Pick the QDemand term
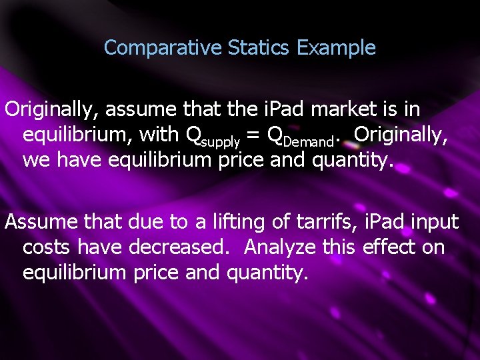(299, 135)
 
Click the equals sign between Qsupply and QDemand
(254, 135)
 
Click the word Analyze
(280, 247)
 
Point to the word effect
(392, 247)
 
